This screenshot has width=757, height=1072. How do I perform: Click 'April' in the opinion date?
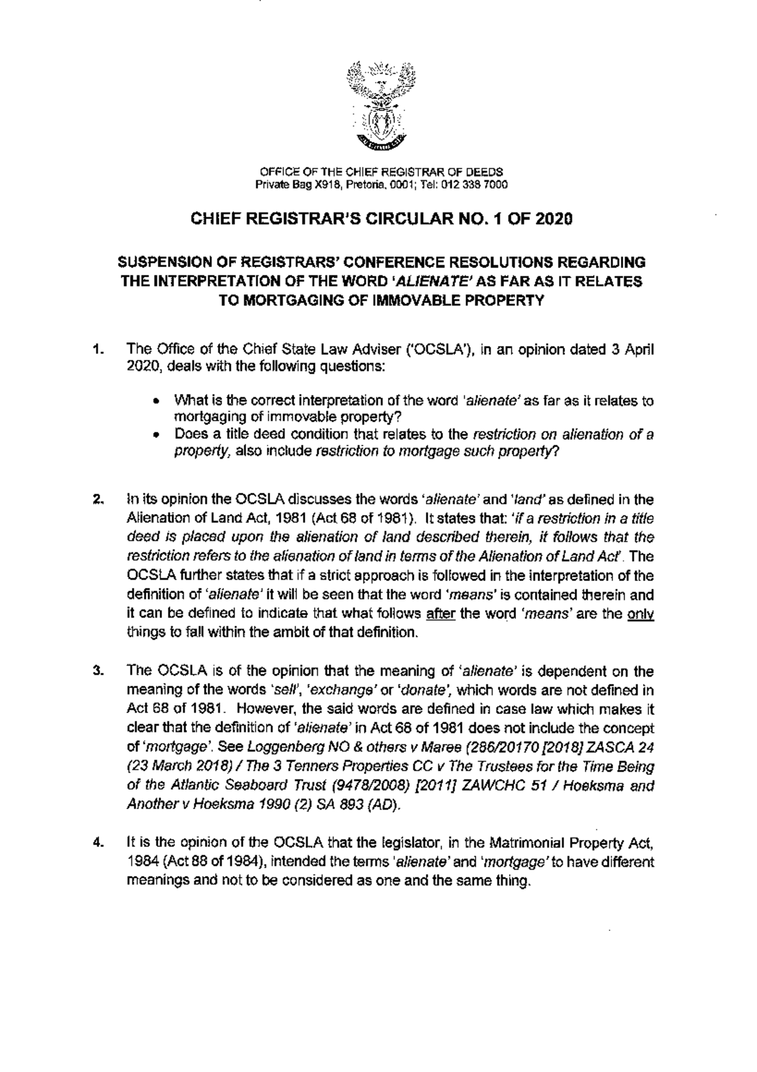click(639, 349)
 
